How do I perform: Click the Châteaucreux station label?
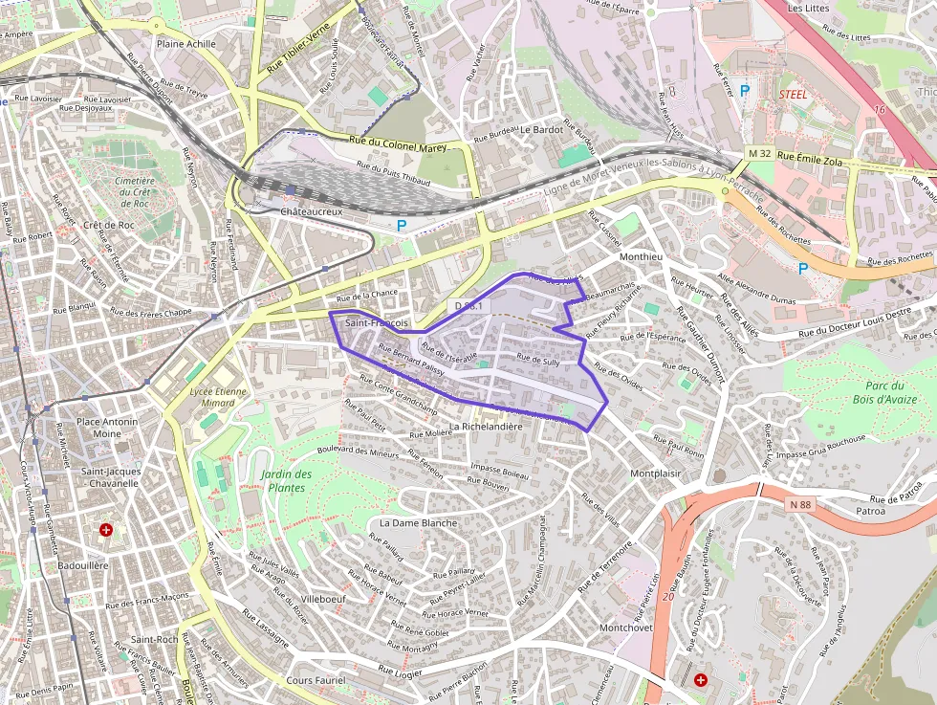(312, 210)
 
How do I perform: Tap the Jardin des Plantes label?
(286, 481)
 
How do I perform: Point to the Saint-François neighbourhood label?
(377, 323)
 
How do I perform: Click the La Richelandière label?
(486, 427)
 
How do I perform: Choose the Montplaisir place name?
(655, 474)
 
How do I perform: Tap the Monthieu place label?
(641, 257)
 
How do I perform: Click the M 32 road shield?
(760, 154)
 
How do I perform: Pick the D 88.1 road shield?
(470, 306)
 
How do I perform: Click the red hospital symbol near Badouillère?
(105, 529)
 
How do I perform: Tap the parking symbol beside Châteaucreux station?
(402, 226)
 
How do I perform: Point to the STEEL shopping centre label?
(794, 95)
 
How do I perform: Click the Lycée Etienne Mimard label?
(218, 397)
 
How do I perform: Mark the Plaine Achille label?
(186, 44)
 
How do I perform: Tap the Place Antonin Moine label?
(107, 428)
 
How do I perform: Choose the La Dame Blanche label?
(419, 523)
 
